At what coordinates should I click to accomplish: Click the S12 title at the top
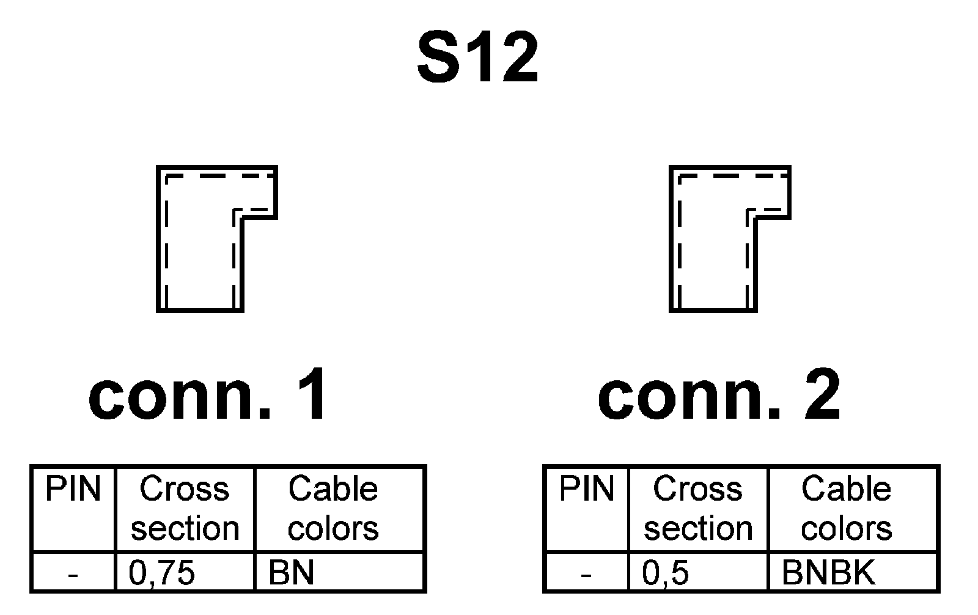pos(477,59)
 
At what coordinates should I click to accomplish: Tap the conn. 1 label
pos(208,396)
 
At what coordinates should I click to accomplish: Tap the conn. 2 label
pos(719,396)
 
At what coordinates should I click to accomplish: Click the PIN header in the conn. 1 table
pos(73,490)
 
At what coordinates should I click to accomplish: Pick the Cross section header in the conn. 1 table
pos(185,509)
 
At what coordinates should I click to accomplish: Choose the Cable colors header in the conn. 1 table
pos(333,509)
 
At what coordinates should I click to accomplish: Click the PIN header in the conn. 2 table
pos(586,490)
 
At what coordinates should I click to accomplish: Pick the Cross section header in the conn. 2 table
pos(697,509)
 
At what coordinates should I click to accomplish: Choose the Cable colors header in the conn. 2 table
pos(847,509)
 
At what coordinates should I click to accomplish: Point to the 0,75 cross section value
pos(162,573)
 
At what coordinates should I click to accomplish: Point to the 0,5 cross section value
pos(666,573)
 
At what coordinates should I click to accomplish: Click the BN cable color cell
pos(292,573)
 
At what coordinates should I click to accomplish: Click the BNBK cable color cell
pos(828,573)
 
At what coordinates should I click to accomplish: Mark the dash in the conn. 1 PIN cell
pos(73,575)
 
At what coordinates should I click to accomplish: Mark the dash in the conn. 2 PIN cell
pos(586,575)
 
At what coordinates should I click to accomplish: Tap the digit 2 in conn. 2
pos(822,396)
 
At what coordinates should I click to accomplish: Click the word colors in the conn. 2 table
pos(847,529)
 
